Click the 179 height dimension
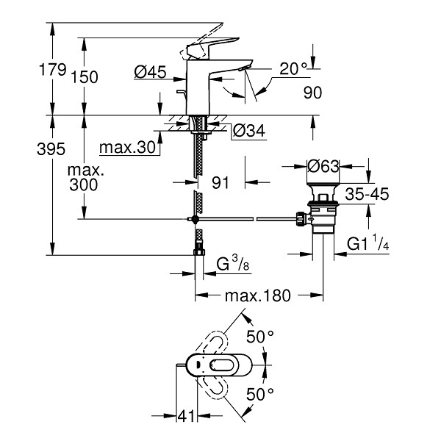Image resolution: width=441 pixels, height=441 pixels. (53, 70)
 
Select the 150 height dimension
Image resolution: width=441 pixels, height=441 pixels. (85, 77)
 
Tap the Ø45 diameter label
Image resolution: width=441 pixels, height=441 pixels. (150, 72)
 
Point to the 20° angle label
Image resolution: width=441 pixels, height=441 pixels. (293, 68)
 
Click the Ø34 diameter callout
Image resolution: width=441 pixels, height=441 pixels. (249, 131)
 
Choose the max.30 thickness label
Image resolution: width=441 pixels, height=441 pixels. (127, 147)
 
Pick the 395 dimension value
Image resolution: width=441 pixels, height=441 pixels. (51, 148)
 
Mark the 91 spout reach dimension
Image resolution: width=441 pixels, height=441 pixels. (220, 183)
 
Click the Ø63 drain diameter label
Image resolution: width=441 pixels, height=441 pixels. (323, 166)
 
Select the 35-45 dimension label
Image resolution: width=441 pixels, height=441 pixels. (367, 194)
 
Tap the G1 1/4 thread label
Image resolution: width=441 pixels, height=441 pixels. (368, 243)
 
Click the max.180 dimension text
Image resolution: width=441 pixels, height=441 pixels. (258, 295)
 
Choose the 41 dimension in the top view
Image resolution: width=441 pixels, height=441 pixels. (186, 416)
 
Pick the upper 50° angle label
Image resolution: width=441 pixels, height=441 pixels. (260, 337)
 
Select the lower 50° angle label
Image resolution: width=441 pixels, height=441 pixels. (260, 394)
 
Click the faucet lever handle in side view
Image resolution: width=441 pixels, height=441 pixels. (213, 47)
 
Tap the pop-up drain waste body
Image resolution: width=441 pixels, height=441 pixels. (323, 208)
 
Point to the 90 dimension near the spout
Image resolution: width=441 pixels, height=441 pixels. (312, 93)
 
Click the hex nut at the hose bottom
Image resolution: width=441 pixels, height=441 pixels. (199, 251)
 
